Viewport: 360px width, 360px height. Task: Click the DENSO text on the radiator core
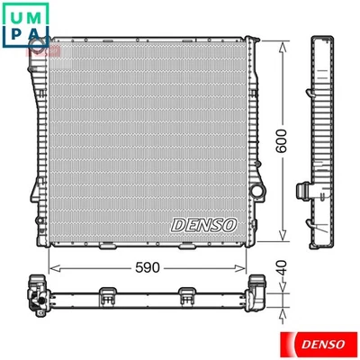point(203,222)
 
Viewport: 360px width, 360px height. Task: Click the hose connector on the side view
point(303,190)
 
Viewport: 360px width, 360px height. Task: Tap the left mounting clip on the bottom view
point(106,292)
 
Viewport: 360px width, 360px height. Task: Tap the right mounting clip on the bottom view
point(186,292)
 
